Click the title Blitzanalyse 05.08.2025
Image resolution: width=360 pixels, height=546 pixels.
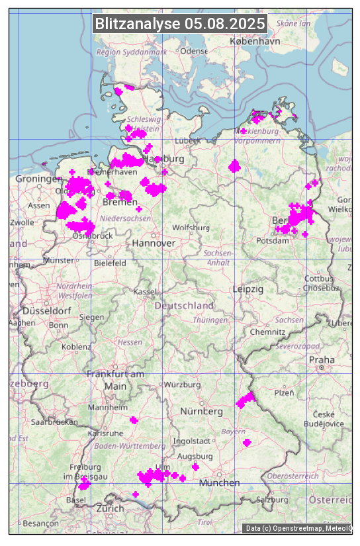[180, 24]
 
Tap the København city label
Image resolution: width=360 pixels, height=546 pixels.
[255, 41]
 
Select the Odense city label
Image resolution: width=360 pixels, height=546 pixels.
[194, 51]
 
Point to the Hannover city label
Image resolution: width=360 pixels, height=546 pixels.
[154, 244]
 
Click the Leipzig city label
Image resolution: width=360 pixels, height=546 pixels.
[248, 289]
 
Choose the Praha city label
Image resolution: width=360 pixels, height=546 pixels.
[322, 359]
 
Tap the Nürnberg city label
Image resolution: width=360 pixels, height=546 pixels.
[202, 412]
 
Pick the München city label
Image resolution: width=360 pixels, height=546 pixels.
[219, 483]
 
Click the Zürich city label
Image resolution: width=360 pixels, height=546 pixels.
[110, 508]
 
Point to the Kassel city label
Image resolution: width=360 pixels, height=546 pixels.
[144, 292]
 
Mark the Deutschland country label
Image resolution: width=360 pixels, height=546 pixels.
[184, 306]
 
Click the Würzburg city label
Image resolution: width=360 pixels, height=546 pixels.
[182, 385]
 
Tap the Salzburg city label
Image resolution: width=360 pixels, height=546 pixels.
[273, 500]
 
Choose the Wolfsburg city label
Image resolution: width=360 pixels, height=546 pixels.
[186, 228]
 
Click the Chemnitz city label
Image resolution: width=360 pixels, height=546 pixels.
[267, 332]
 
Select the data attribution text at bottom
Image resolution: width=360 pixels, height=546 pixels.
[298, 528]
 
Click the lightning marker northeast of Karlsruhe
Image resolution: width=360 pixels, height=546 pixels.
[134, 420]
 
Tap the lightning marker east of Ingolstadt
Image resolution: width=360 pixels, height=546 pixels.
[247, 442]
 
